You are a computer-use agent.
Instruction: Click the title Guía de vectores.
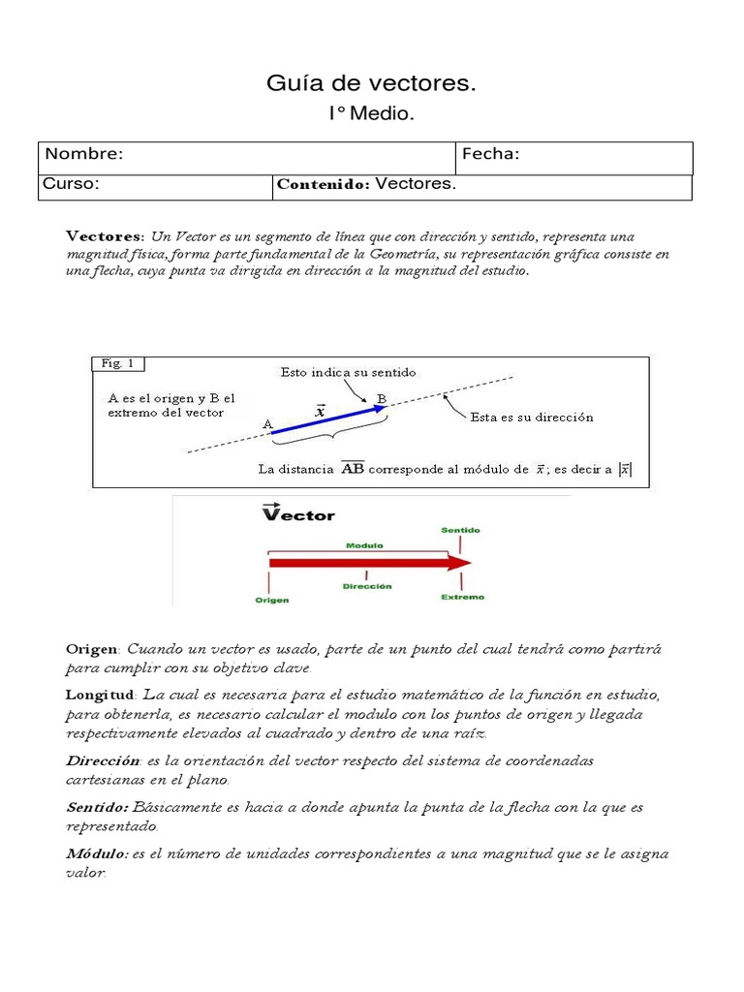(x=371, y=84)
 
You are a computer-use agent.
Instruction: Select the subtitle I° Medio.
(x=371, y=114)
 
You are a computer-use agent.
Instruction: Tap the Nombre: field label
(x=84, y=155)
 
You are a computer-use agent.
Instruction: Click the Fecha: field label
(x=491, y=155)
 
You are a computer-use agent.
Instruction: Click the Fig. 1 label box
(x=118, y=364)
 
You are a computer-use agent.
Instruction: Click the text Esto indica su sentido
(x=348, y=372)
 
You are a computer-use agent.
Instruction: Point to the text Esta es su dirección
(x=532, y=418)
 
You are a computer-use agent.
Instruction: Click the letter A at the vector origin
(x=268, y=424)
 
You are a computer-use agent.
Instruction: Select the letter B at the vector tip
(x=382, y=398)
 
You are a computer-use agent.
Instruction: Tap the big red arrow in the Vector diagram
(x=368, y=563)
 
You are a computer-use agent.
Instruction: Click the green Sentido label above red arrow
(x=460, y=531)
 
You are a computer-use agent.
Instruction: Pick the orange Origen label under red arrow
(x=272, y=600)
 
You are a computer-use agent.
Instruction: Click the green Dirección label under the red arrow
(x=367, y=586)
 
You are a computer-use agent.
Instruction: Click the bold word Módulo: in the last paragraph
(x=96, y=853)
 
